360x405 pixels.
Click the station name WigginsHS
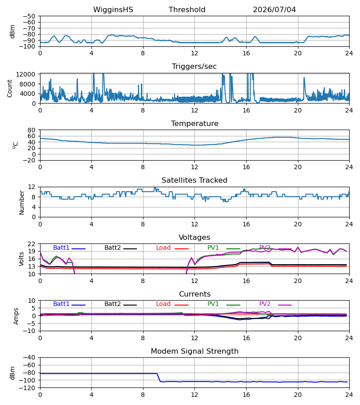113,10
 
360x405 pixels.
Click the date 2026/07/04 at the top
274,10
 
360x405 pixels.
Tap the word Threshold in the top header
187,10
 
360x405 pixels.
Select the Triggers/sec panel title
194,67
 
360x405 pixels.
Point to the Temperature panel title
194,123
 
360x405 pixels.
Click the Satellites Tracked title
194,180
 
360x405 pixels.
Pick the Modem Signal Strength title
194,351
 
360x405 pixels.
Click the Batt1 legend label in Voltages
61,247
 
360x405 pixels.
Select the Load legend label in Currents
163,304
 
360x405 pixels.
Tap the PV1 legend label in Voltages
213,247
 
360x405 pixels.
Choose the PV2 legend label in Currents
265,304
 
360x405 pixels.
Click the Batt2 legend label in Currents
112,304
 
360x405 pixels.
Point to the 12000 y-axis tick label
26,74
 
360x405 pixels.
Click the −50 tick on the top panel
29,16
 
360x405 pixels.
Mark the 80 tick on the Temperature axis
31,130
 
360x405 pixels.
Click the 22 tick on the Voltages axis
31,244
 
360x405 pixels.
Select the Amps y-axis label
16,316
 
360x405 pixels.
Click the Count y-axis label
10,88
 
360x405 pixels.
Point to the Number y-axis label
22,203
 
